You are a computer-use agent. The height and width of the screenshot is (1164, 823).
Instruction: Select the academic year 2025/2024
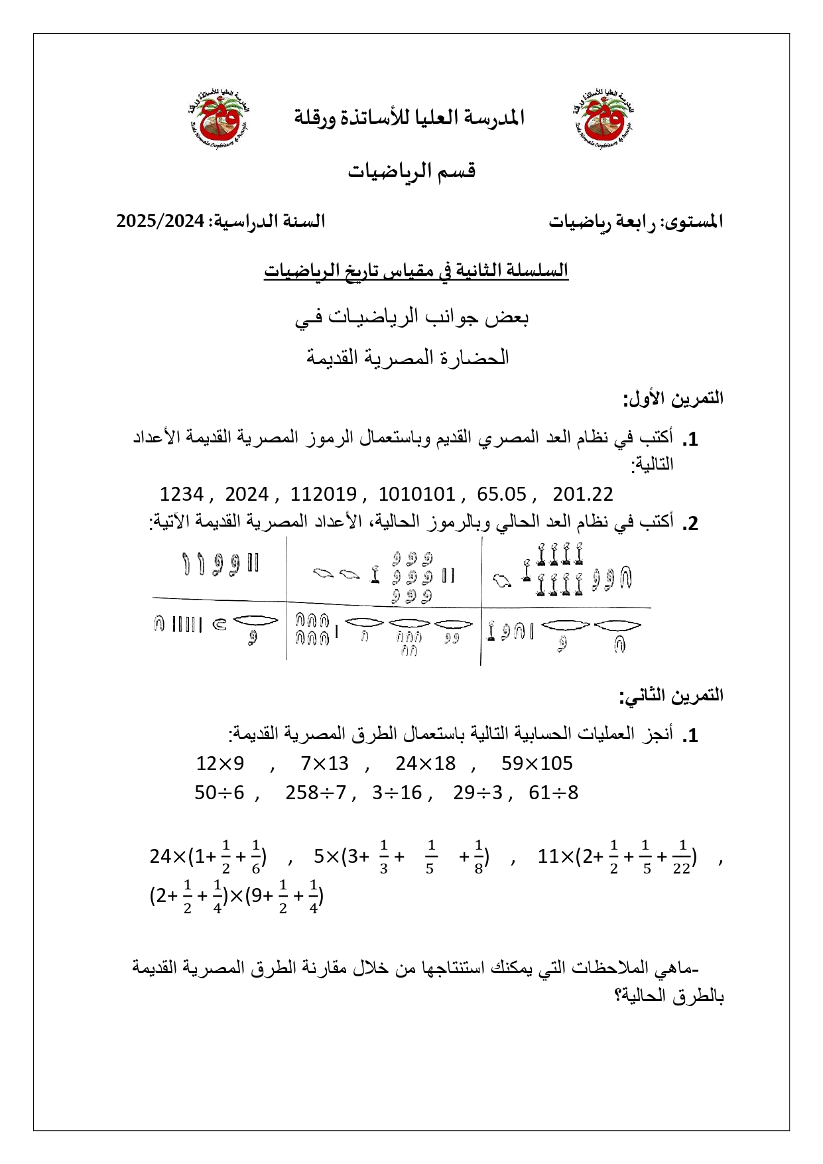160,221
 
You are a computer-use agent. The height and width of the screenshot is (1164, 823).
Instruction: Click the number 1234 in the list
182,494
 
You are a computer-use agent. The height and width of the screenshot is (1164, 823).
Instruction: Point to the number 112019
324,494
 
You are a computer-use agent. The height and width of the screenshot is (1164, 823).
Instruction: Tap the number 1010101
416,494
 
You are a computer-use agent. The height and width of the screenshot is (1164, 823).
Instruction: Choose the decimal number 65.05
501,494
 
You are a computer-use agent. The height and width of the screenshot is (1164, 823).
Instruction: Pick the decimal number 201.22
583,494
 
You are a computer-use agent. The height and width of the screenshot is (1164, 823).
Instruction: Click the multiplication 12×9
220,763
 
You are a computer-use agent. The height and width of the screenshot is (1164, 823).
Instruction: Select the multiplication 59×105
537,763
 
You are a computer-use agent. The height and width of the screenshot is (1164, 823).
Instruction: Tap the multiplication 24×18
426,763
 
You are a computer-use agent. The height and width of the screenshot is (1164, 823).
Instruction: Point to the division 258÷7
316,793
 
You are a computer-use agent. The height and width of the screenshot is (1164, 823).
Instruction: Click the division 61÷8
554,793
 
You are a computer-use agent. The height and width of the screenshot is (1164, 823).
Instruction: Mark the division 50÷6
220,793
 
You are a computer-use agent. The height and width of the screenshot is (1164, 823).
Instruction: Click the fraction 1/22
681,857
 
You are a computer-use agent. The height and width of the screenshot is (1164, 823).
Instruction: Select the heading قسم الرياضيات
412,171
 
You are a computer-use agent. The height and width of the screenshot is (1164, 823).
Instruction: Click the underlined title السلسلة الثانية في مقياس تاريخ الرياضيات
416,271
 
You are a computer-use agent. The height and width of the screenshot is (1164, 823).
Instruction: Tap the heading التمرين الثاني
670,696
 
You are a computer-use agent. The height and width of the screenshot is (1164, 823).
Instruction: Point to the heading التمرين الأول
672,399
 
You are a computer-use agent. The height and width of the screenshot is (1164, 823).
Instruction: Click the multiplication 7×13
324,763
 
